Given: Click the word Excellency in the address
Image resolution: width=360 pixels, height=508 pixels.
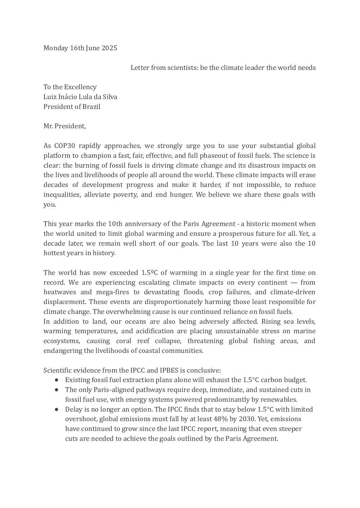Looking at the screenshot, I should [x=80, y=87].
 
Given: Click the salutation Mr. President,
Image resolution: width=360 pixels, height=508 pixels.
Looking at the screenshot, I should [x=65, y=126].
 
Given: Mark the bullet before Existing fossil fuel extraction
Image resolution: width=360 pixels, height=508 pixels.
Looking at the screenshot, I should [x=56, y=380].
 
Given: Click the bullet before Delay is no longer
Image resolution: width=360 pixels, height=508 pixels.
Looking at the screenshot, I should [x=56, y=409].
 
